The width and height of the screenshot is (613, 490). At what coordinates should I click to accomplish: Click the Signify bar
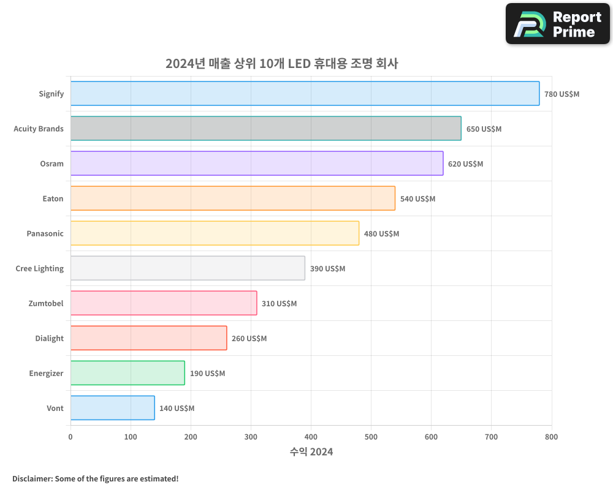pos(305,94)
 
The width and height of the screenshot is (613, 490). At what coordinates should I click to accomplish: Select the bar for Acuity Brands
pos(265,129)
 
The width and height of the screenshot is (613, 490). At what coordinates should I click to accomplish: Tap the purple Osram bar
pos(256,164)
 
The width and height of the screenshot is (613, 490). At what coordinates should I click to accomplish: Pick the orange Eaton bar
pos(232,198)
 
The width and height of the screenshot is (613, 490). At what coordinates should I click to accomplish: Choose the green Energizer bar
pos(128,373)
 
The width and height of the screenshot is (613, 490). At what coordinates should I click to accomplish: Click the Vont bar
pos(112,408)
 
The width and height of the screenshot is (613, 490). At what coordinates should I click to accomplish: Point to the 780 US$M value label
pos(562,94)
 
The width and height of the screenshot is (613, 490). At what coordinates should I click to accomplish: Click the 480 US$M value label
pos(381,234)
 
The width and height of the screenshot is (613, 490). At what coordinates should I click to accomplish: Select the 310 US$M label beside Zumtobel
pos(279,304)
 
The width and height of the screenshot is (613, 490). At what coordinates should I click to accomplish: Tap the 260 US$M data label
pos(249,339)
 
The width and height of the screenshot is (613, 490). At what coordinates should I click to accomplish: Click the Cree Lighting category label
pos(39,268)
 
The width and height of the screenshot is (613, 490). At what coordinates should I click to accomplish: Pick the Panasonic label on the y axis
pos(45,233)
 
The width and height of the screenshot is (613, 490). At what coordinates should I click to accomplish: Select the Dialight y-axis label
pos(49,338)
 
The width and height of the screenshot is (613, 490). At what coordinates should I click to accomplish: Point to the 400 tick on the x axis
pos(311,437)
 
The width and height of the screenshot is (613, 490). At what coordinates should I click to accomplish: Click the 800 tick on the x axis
pos(551,437)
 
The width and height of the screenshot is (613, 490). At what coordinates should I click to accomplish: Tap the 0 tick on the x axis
pos(70,437)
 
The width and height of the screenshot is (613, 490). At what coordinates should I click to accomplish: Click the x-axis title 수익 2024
pos(311,452)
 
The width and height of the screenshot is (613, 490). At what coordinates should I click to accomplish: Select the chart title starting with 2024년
pos(281,64)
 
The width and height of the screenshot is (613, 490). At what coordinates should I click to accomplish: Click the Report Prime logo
pos(558,24)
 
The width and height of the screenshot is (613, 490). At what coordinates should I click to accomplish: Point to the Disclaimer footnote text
pos(95,478)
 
